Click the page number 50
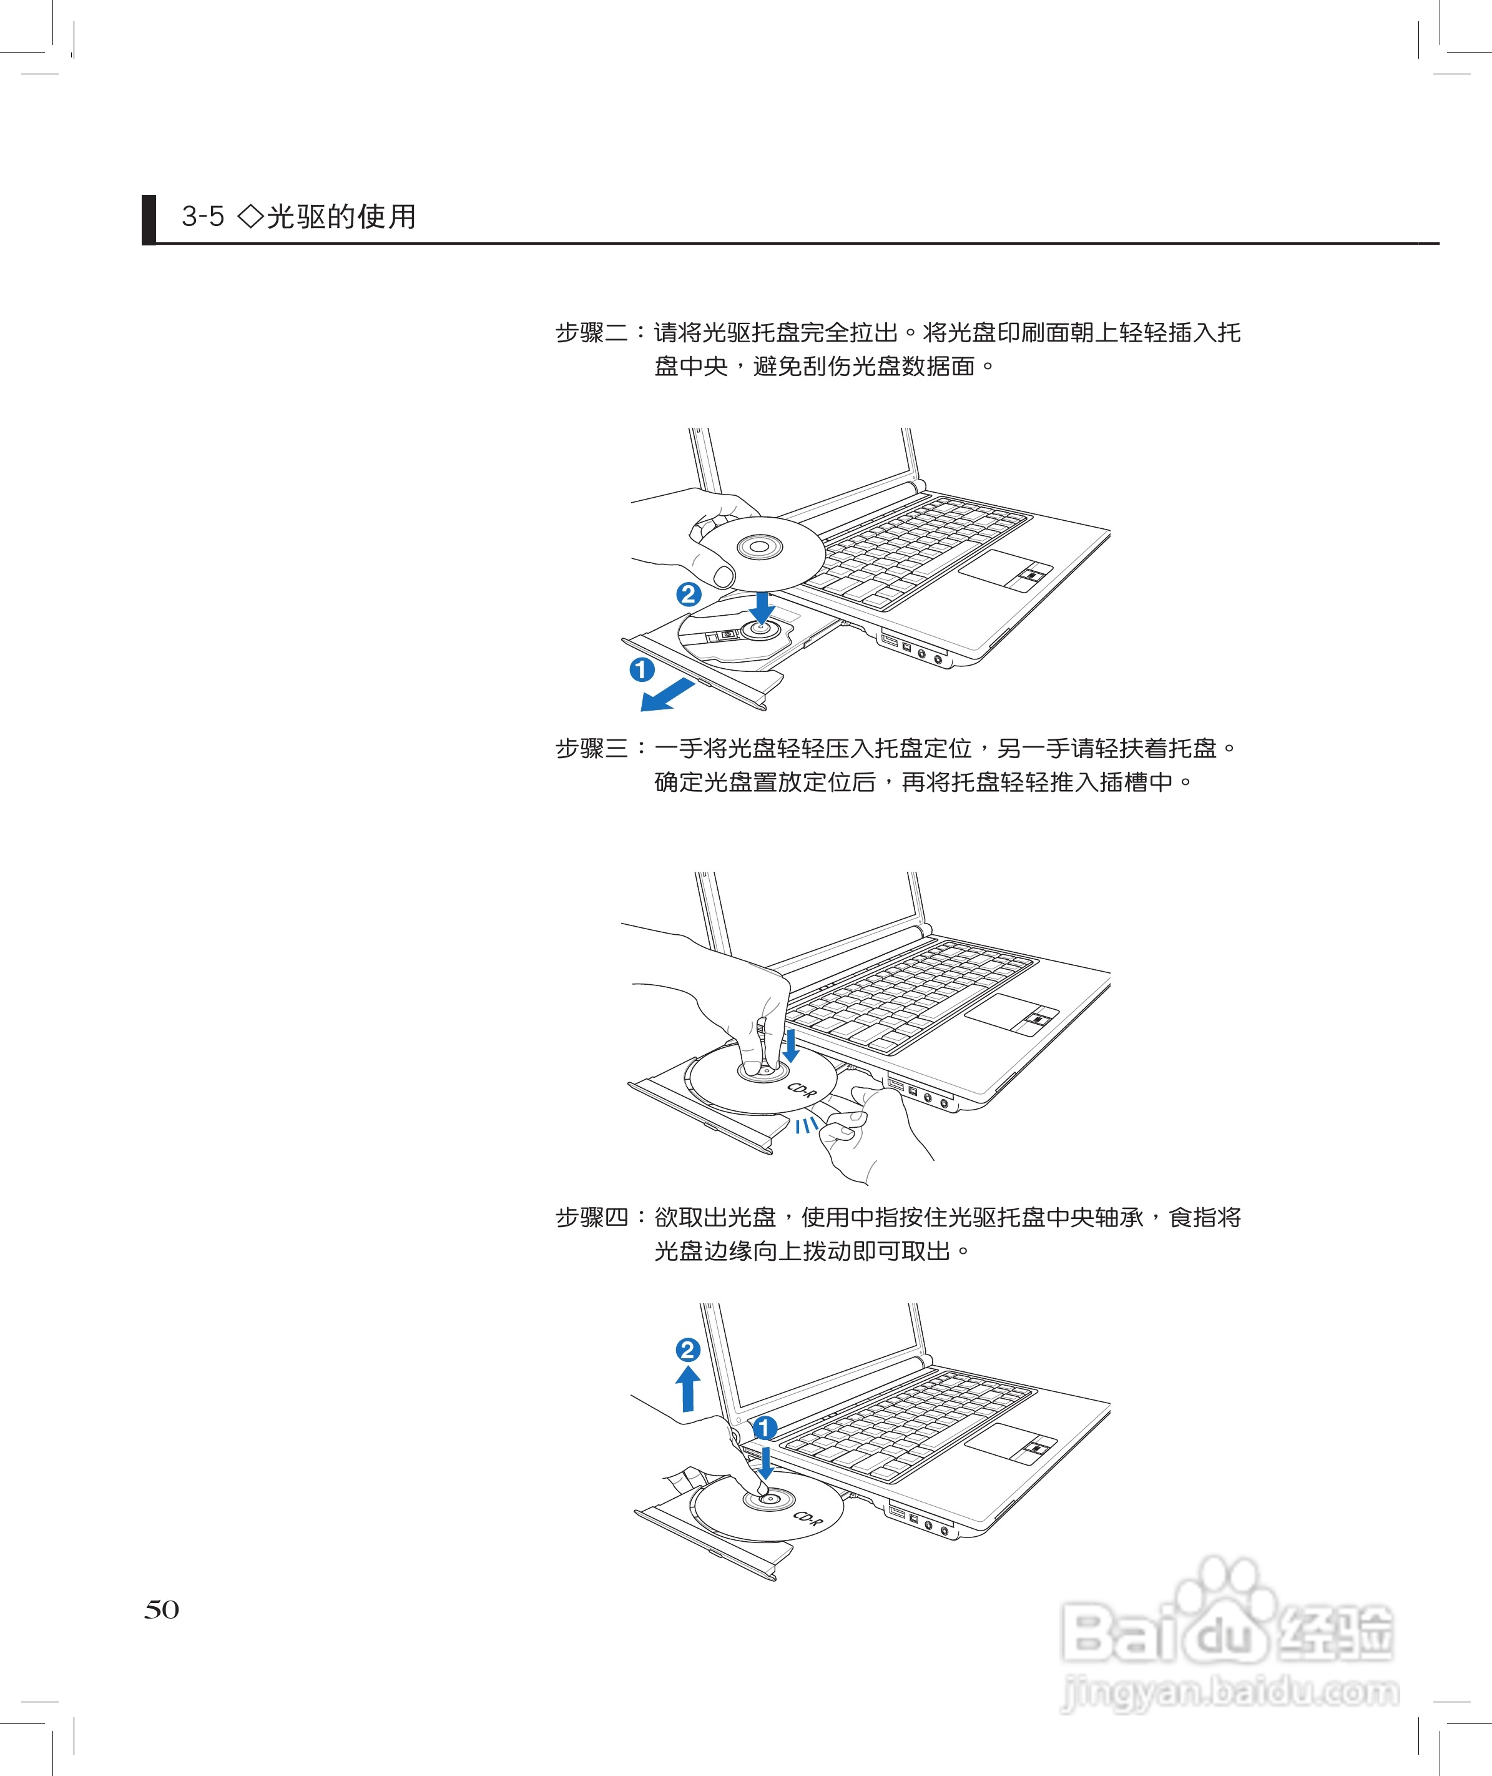click(162, 1609)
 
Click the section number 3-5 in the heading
click(203, 217)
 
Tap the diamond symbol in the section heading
click(251, 217)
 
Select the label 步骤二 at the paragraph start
click(592, 332)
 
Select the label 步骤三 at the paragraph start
click(592, 748)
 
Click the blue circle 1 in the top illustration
click(642, 669)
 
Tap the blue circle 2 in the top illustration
click(689, 594)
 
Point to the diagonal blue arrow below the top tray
click(667, 696)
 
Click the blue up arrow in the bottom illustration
click(688, 1388)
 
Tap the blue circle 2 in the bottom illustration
click(688, 1349)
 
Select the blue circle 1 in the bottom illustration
click(765, 1428)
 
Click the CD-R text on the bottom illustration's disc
click(807, 1518)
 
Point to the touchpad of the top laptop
click(1004, 568)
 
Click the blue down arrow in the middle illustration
click(791, 1046)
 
